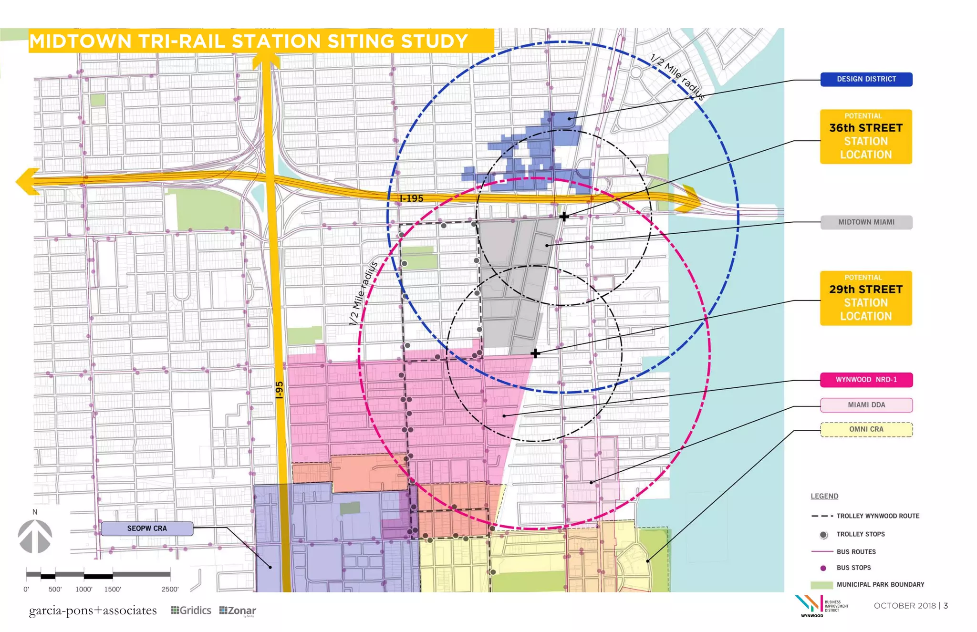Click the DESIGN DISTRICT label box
pos(866,79)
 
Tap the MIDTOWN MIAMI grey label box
pos(866,222)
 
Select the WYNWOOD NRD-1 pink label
pos(866,380)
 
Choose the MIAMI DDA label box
pos(866,405)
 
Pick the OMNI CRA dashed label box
pos(866,429)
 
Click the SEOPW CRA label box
pos(147,528)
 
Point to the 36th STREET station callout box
pos(866,137)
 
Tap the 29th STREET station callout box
pos(866,298)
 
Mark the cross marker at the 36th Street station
pos(564,217)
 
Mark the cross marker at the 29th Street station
pos(535,353)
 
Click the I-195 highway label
pos(411,198)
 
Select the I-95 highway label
pos(280,390)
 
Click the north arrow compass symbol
pos(35,536)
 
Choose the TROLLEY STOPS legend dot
pos(823,535)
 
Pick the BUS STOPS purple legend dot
pos(823,568)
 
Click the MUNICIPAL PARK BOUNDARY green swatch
pos(821,585)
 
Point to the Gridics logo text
pos(191,611)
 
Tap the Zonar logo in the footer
pos(238,611)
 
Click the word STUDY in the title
pos(434,41)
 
